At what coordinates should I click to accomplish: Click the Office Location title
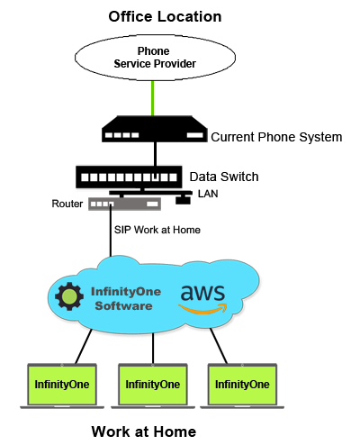pos(165,16)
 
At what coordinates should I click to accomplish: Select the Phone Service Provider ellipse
pos(155,58)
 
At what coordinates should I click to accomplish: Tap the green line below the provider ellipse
pos(153,98)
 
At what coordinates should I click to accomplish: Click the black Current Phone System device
pos(155,129)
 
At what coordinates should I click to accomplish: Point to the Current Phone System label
pos(276,137)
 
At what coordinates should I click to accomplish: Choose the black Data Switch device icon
pos(129,177)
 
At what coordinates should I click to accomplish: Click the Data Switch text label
pos(224,177)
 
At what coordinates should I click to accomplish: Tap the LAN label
pos(208,194)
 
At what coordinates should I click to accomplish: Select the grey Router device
pos(124,204)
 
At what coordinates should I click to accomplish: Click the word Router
pos(67,204)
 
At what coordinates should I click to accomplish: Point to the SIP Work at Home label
pos(157,230)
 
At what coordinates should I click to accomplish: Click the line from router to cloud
pos(111,231)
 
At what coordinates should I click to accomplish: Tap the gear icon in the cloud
pos(69,296)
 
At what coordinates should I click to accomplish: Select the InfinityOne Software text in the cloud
pos(126,299)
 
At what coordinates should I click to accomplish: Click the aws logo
pos(202,299)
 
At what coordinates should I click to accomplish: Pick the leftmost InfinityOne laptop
pos(62,386)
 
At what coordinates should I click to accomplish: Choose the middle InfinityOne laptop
pos(153,386)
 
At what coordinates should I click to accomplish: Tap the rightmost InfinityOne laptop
pos(242,386)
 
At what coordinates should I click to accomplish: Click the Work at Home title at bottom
pos(144,431)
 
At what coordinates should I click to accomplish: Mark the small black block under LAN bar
pos(183,200)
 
